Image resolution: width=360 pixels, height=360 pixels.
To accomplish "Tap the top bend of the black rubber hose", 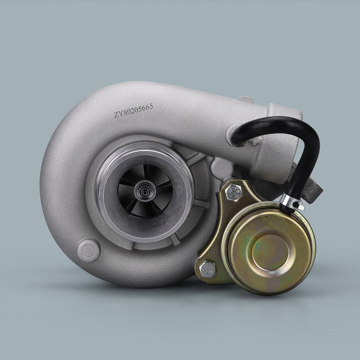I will pyautogui.click(x=288, y=124).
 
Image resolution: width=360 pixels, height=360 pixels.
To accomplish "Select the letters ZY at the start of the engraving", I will pyautogui.click(x=118, y=114).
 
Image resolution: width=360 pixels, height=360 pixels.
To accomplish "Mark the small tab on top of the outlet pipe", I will pyautogui.click(x=246, y=99).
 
